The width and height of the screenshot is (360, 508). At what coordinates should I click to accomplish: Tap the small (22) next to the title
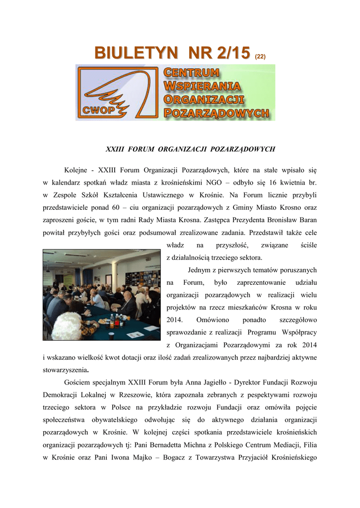pos(261,57)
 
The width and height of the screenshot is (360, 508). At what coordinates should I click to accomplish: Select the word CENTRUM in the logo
pos(192,72)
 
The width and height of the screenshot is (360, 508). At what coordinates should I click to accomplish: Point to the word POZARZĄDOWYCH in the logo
pos(216,113)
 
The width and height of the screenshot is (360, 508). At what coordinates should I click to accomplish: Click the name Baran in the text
pos(307,220)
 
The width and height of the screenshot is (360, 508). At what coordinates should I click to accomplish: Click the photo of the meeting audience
pos(101,295)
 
